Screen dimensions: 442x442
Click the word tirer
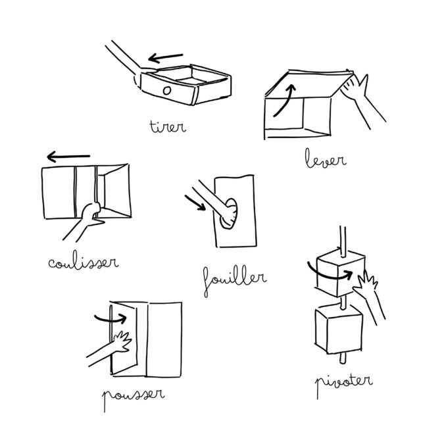[x=168, y=127]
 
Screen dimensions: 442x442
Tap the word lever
[x=326, y=159]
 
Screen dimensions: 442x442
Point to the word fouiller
[x=235, y=281]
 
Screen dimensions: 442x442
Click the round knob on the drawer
[x=167, y=91]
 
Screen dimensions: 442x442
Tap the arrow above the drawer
[x=166, y=58]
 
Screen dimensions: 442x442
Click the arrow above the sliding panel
[x=68, y=157]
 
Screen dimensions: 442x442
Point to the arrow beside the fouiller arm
[x=195, y=203]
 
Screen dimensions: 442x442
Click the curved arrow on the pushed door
[x=110, y=320]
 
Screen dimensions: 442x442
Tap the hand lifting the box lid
[x=355, y=86]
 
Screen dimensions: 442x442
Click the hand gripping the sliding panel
[x=91, y=214]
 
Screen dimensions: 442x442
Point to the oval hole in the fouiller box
[x=229, y=213]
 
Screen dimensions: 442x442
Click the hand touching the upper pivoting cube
[x=366, y=284]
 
